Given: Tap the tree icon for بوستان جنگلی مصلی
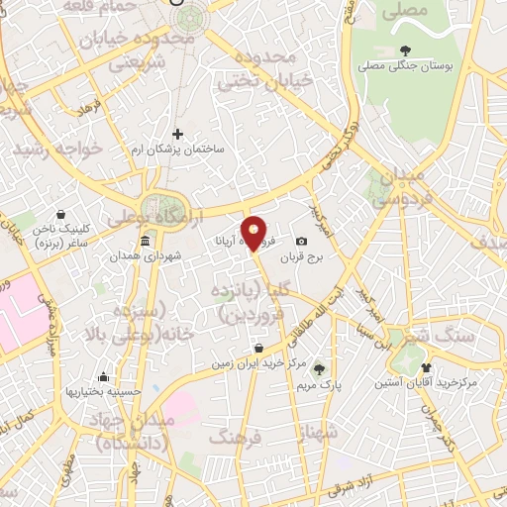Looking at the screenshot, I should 405,51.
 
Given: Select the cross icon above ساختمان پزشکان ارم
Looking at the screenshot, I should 178,134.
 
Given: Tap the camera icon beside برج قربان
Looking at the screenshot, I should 301,242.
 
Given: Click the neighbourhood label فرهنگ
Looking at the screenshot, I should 238,437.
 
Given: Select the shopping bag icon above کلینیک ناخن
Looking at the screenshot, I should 61,213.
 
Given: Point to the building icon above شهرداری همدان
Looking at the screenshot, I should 146,241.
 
